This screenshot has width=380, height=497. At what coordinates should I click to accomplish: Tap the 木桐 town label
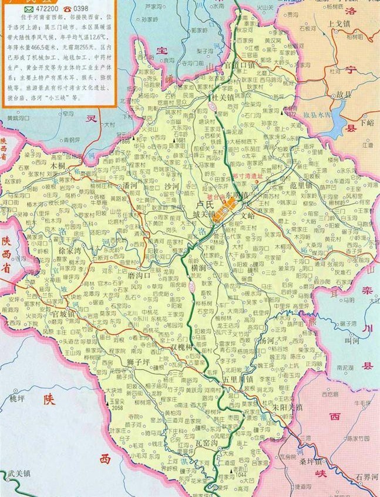point(58,166)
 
